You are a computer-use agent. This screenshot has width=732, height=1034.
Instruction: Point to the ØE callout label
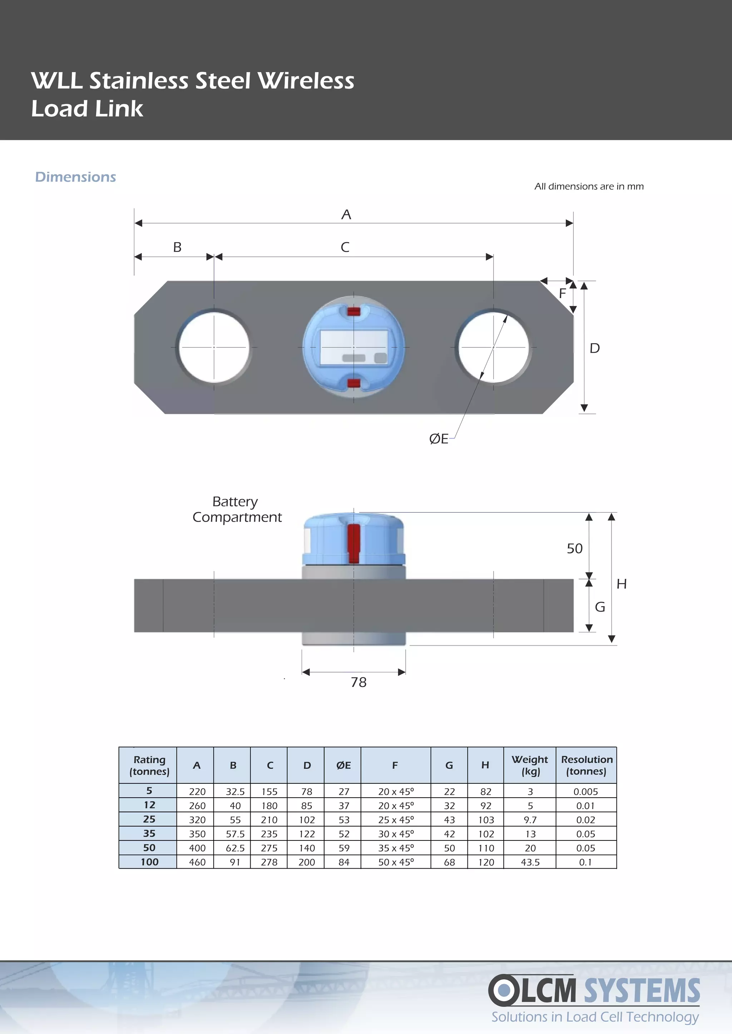coord(439,439)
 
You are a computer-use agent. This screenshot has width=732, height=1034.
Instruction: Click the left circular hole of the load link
coord(214,347)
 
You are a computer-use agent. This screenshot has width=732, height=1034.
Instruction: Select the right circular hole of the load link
coord(493,347)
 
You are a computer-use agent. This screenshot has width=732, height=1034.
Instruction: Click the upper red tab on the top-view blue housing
coord(354,311)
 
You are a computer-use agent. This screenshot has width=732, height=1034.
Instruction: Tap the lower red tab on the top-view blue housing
coord(354,383)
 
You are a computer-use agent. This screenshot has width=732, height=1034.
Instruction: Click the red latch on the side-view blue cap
coord(354,543)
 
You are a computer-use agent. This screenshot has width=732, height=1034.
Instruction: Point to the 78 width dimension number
coord(358,682)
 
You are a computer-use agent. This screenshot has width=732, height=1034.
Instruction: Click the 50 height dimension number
coord(574,548)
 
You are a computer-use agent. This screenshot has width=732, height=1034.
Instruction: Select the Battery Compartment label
coord(237,510)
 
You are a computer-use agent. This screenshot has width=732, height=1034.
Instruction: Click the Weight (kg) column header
coord(530,765)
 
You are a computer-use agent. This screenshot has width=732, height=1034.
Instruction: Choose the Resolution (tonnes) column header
coord(587,765)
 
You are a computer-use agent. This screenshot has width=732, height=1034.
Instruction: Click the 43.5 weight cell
coord(530,862)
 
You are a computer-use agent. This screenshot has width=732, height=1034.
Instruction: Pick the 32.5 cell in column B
coord(235,792)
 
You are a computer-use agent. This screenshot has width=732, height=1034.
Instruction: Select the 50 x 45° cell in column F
coord(396,862)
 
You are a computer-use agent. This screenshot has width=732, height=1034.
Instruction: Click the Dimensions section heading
coord(75,177)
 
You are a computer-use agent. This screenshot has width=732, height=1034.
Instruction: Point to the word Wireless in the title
coord(306,81)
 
